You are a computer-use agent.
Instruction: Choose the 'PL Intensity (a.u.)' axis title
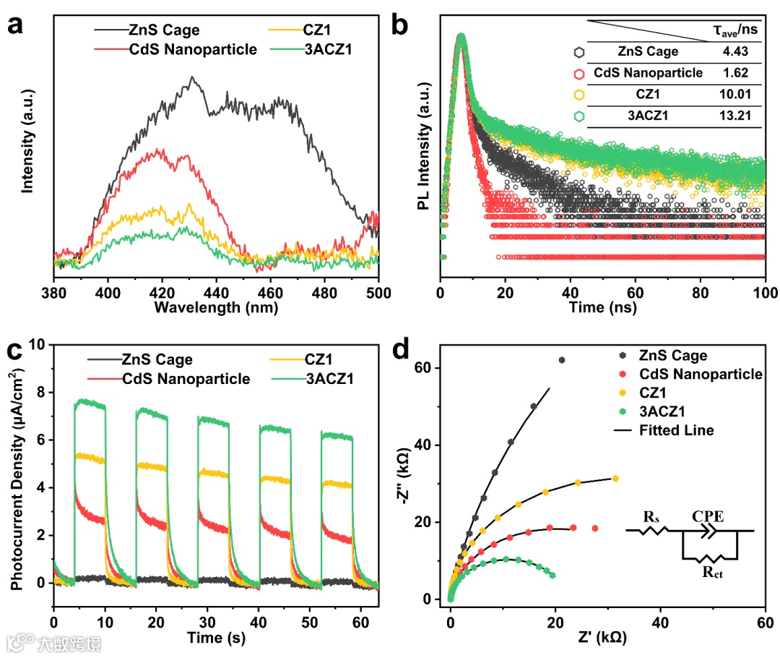click(425, 146)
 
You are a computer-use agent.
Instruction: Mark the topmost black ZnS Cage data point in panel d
click(561, 360)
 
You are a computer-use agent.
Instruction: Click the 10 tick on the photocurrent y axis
click(42, 344)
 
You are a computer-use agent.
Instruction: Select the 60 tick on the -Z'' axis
click(432, 367)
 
